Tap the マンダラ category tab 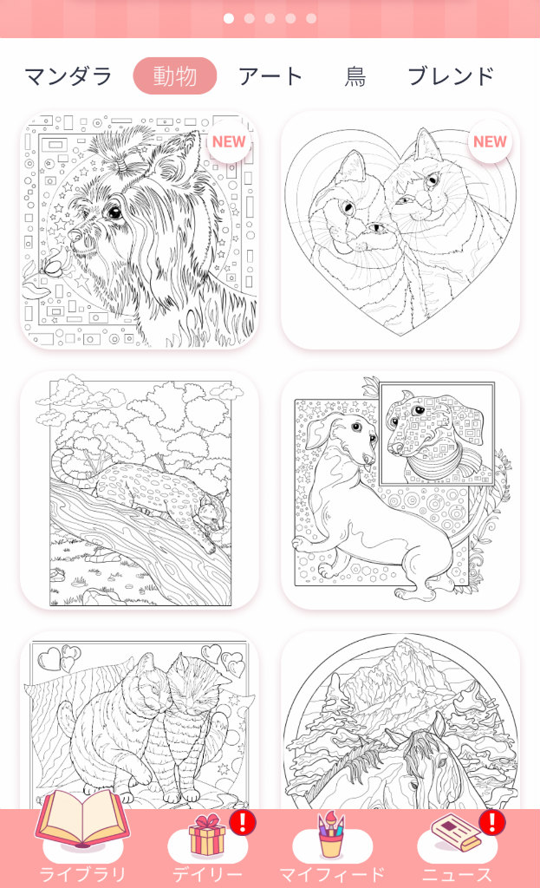[x=68, y=76]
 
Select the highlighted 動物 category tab [x=175, y=76]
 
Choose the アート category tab [x=270, y=76]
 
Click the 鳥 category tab [x=355, y=76]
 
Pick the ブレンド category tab [x=451, y=76]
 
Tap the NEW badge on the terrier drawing [x=229, y=141]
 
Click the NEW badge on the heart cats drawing [x=490, y=141]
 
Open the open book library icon [x=82, y=819]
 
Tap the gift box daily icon [x=206, y=835]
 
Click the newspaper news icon [x=456, y=832]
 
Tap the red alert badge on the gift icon [x=243, y=822]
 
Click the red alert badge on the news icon [x=492, y=822]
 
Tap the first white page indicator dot [x=229, y=19]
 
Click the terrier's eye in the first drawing [x=115, y=212]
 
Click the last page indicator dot [x=311, y=19]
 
